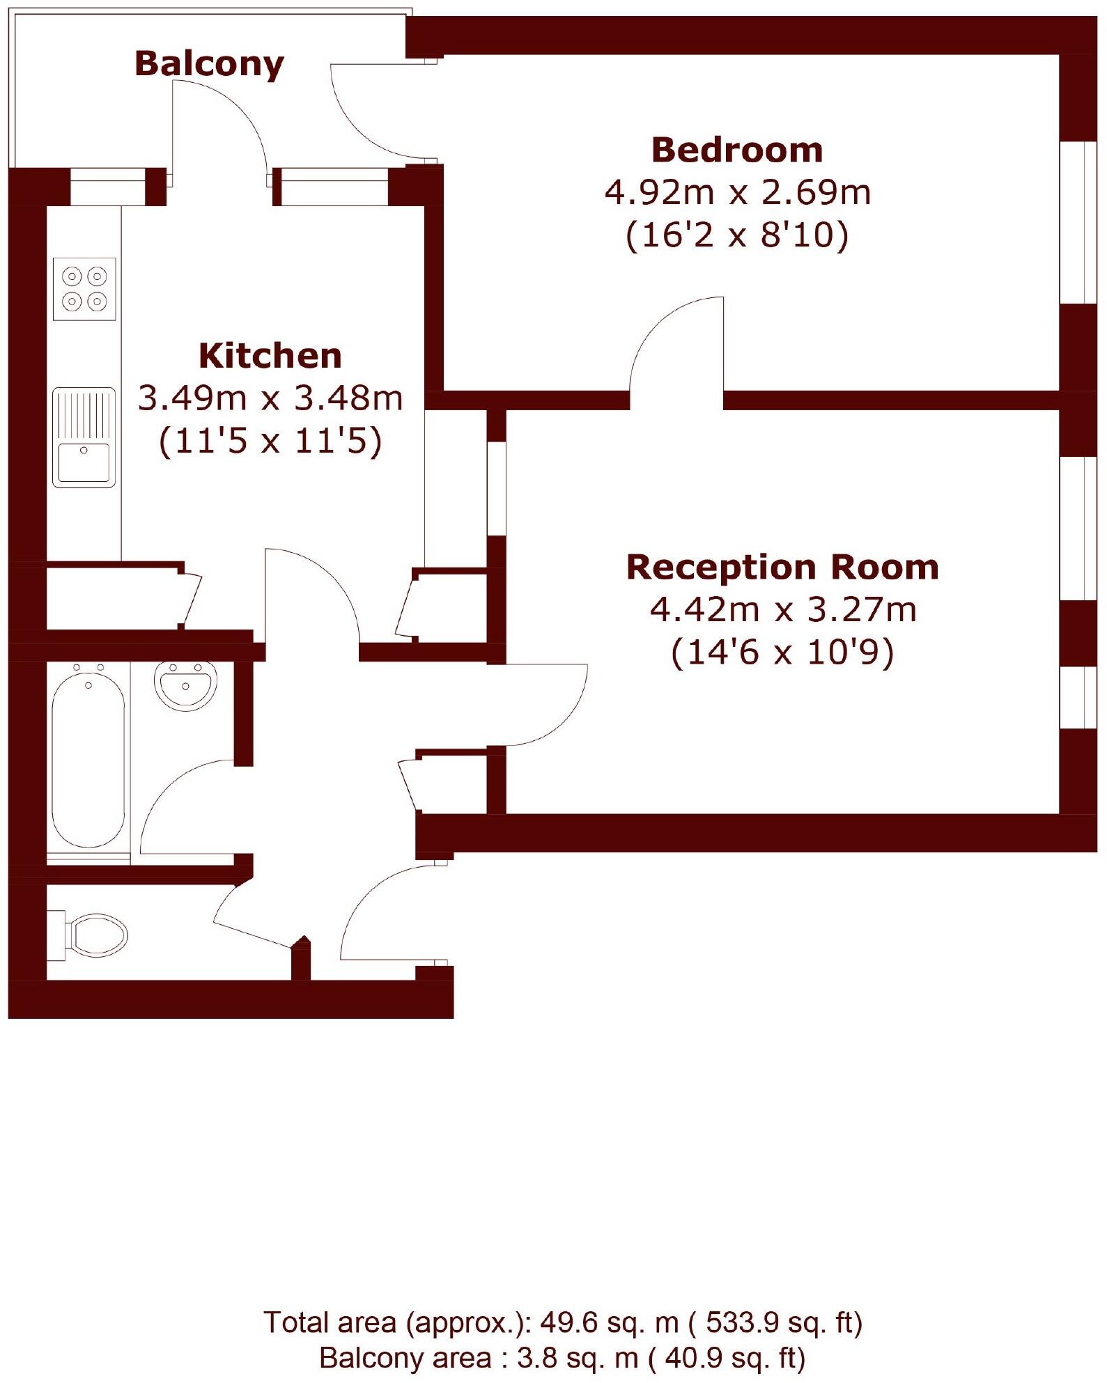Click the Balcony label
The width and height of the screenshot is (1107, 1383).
pyautogui.click(x=209, y=64)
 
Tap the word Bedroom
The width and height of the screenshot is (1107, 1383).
pyautogui.click(x=737, y=150)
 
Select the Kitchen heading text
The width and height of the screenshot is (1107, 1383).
pyautogui.click(x=270, y=356)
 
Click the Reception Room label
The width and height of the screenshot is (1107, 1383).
pyautogui.click(x=782, y=567)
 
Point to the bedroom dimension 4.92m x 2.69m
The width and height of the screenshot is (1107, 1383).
pyautogui.click(x=737, y=192)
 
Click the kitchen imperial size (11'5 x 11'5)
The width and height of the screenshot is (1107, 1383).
pyautogui.click(x=270, y=441)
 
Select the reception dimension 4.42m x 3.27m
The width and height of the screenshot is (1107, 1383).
pyautogui.click(x=782, y=609)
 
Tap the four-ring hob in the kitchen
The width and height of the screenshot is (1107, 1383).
pyautogui.click(x=84, y=289)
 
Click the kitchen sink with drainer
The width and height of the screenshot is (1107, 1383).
pyautogui.click(x=84, y=437)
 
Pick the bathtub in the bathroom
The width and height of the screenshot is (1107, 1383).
pyautogui.click(x=88, y=756)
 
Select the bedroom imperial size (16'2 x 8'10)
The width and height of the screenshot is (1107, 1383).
pyautogui.click(x=737, y=235)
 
